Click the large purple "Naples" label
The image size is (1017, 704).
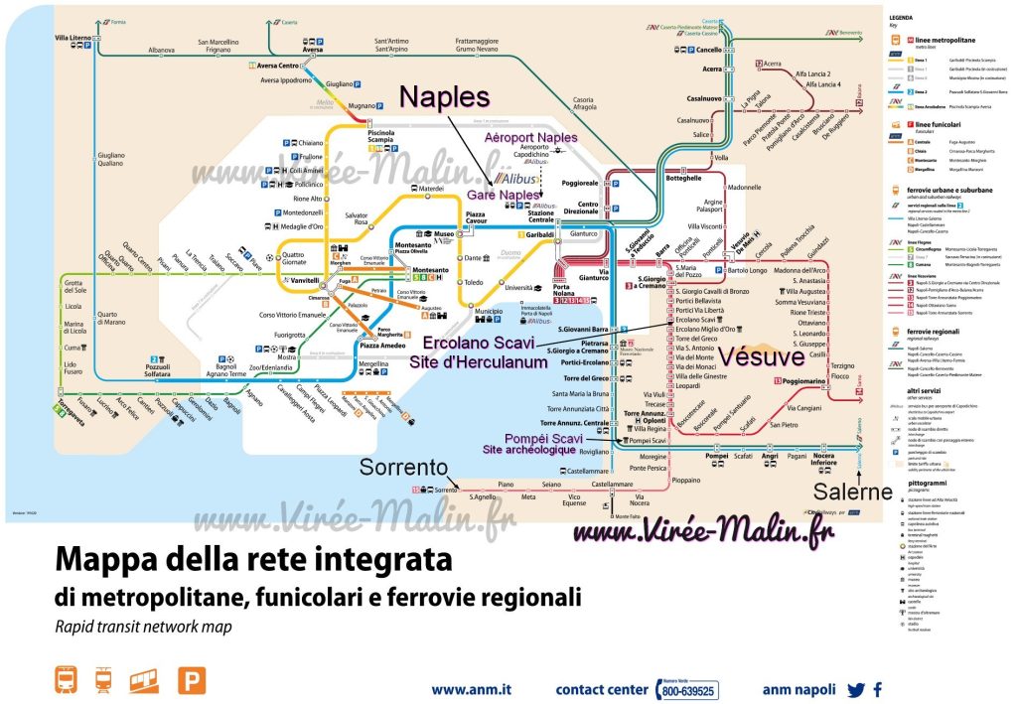point(445,97)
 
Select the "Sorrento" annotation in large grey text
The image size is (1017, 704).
point(399,466)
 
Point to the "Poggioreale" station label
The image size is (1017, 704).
point(608,183)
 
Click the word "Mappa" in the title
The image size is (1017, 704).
point(108,559)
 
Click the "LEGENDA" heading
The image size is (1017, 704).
point(901,18)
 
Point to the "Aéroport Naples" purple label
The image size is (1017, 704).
point(531,136)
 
